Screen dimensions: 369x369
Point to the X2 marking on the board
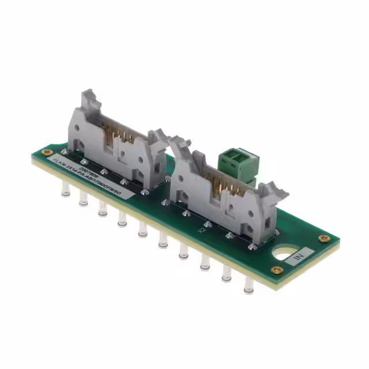coord(202,229)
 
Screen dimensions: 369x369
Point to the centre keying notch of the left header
coord(121,156)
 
